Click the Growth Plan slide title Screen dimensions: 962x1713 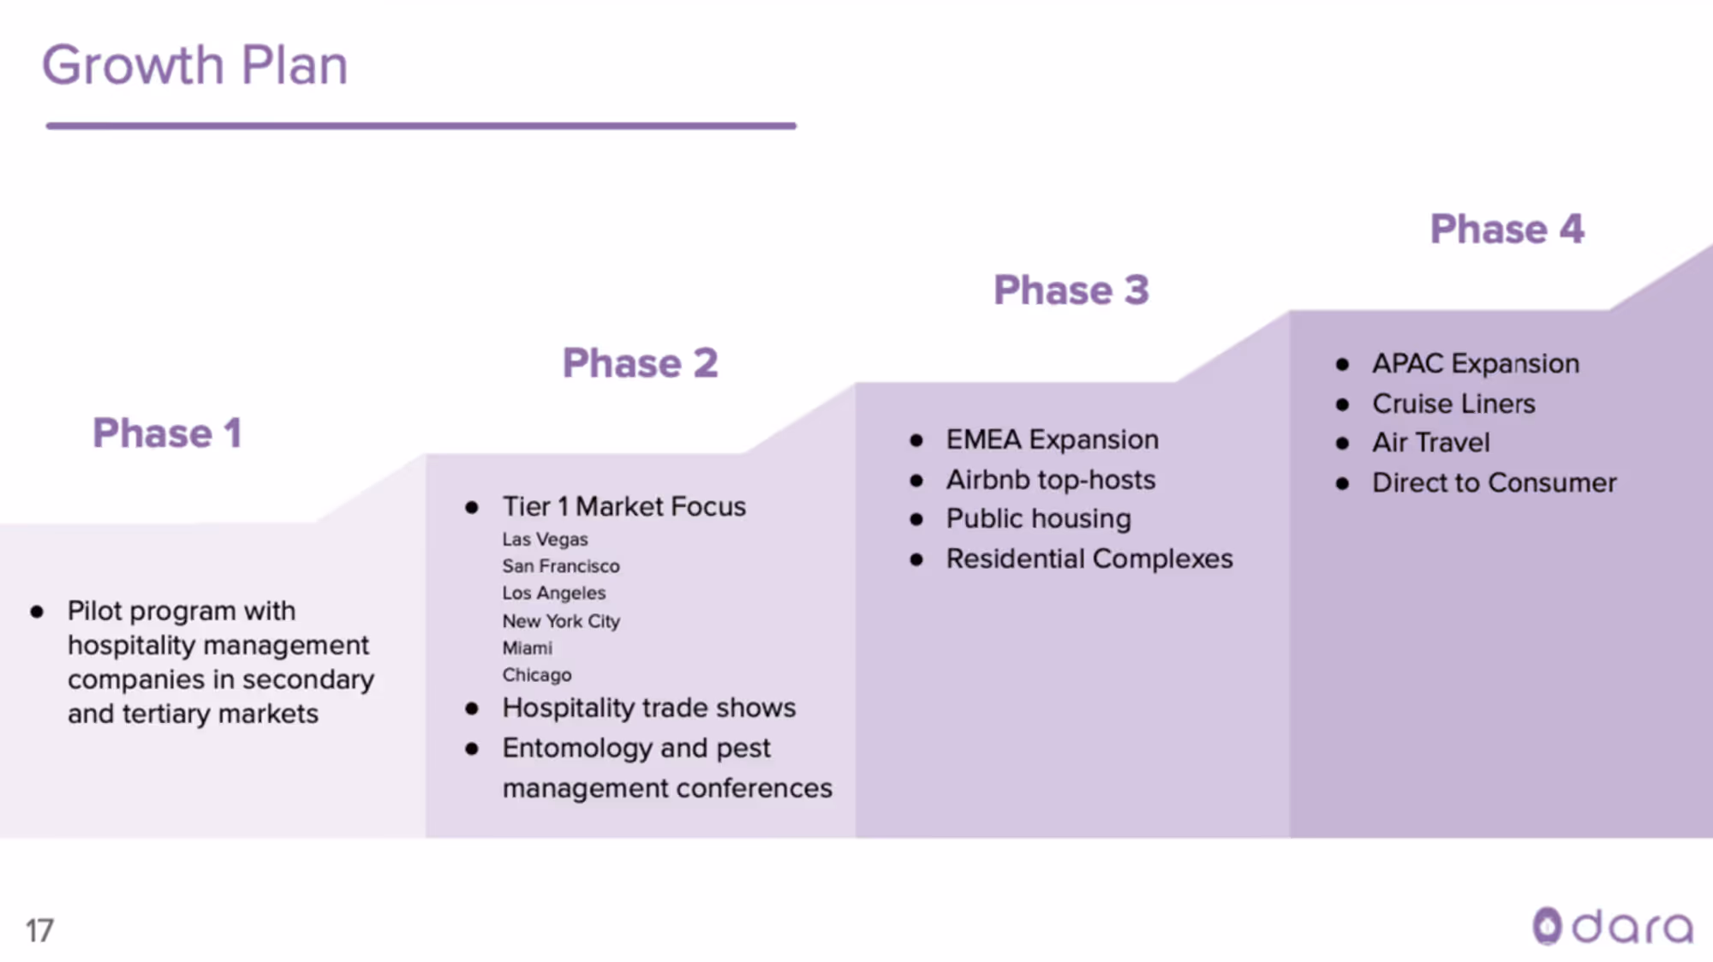[x=195, y=65]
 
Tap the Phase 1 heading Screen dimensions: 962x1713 [x=167, y=433]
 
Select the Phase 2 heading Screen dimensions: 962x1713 [x=640, y=363]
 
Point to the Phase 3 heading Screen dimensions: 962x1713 [x=1071, y=290]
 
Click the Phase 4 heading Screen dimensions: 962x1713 [x=1507, y=230]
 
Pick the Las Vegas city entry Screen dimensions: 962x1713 [x=545, y=540]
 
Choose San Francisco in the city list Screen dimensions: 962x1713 [x=560, y=566]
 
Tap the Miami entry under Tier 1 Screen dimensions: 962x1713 [x=527, y=648]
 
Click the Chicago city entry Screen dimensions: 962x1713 [x=536, y=675]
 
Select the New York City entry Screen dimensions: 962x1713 [x=560, y=621]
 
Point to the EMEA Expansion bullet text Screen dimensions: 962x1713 [x=1052, y=439]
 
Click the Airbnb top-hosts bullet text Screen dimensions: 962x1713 [x=1050, y=480]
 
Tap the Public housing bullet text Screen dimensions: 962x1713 [x=1038, y=519]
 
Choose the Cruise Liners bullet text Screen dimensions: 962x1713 [x=1453, y=403]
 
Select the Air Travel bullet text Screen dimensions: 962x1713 [x=1430, y=443]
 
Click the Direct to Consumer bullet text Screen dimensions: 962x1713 [x=1494, y=483]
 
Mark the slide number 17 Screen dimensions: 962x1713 [x=39, y=930]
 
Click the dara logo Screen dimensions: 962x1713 [x=1612, y=927]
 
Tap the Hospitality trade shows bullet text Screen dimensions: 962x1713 [x=648, y=708]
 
